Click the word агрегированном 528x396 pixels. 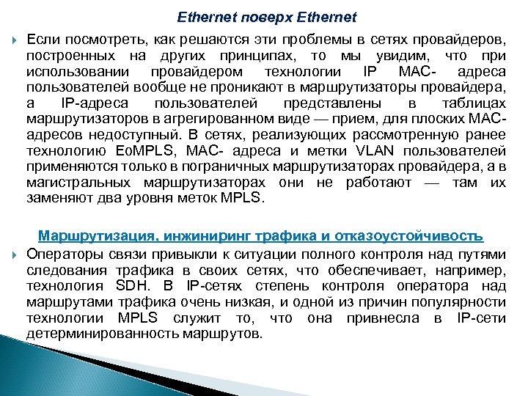pyautogui.click(x=212, y=118)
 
